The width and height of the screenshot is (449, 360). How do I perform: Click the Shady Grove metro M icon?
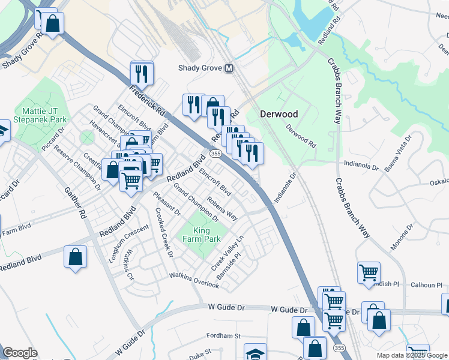tap(229, 68)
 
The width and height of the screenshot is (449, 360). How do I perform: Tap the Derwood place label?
tap(279, 113)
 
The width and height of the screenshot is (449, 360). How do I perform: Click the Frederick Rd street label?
tap(146, 100)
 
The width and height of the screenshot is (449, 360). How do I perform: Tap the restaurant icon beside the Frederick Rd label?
tap(142, 74)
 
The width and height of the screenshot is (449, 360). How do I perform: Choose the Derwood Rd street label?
tap(301, 136)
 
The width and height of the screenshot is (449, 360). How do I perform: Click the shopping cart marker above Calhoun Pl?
tap(369, 272)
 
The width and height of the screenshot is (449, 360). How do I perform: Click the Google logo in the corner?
tap(20, 353)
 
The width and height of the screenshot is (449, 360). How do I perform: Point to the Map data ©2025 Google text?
tap(411, 355)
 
